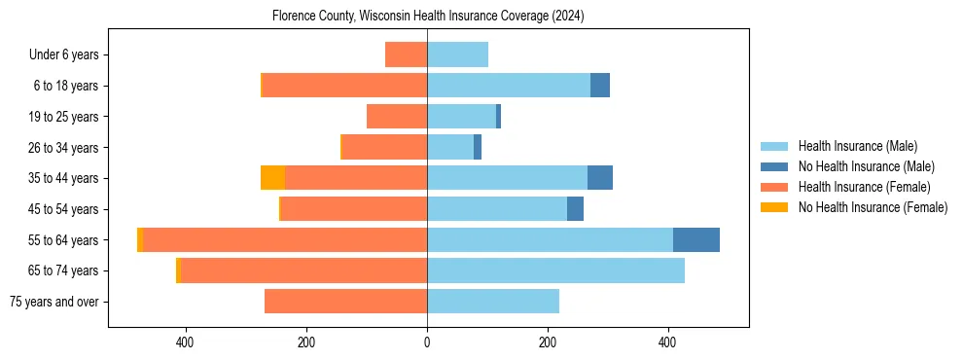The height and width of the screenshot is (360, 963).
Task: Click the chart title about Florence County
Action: tap(428, 16)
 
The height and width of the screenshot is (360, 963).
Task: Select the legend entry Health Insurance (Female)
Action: tap(864, 187)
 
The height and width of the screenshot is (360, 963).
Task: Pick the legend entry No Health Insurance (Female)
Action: tap(873, 207)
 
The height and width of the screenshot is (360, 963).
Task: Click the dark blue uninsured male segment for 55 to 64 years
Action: tap(696, 239)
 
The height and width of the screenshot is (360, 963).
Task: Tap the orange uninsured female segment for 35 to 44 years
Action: tap(272, 178)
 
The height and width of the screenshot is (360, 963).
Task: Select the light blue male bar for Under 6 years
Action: tap(457, 54)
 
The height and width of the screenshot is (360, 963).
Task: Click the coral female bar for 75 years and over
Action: tap(345, 302)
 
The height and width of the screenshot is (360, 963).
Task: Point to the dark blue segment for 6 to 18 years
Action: tap(600, 86)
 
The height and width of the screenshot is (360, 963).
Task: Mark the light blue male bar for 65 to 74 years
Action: tap(555, 270)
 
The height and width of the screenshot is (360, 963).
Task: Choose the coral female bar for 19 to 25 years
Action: tap(397, 117)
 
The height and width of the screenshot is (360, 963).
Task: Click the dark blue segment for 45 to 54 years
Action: tap(575, 209)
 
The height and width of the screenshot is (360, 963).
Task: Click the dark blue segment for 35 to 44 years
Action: tap(600, 178)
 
